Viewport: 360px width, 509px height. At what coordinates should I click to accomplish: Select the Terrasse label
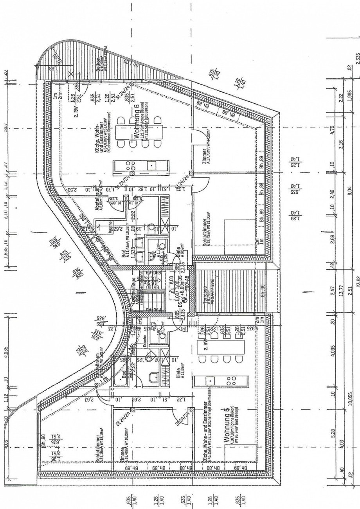click(x=205, y=295)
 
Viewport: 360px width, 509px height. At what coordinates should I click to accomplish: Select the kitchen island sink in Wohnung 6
click(x=151, y=166)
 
